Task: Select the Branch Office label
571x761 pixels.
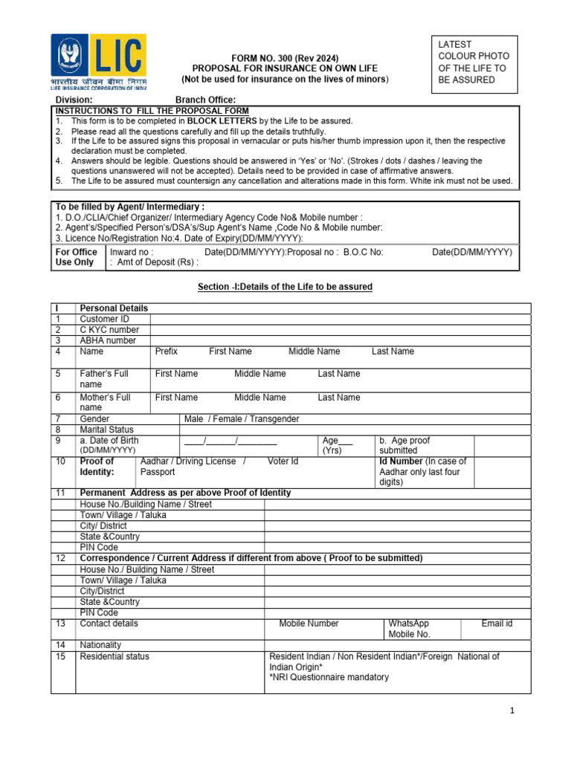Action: pos(205,100)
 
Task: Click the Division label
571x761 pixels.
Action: pos(75,100)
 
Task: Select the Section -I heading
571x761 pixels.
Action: pos(285,287)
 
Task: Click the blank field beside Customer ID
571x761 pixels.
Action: pos(340,319)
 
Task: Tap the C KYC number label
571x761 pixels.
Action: pos(109,329)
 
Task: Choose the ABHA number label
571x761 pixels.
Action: pos(108,340)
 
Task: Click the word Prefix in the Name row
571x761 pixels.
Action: pos(167,351)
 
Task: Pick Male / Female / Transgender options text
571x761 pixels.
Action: pos(242,419)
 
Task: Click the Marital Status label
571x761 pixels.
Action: pos(107,430)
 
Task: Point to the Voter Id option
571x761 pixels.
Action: pos(283,462)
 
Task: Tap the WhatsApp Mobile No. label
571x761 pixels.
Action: pos(409,629)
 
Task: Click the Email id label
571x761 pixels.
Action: pos(497,624)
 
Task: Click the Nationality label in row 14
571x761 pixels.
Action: pos(100,645)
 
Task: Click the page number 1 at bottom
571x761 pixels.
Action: pos(512,711)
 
